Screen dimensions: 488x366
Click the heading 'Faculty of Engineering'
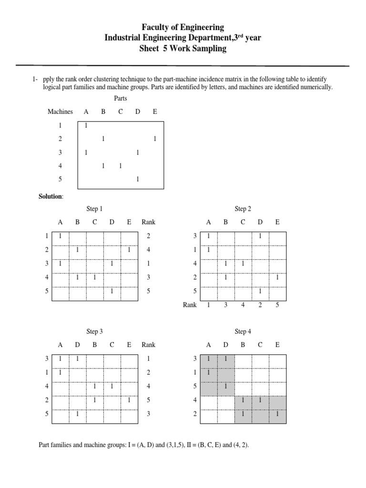(x=183, y=27)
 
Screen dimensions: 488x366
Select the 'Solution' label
(x=51, y=197)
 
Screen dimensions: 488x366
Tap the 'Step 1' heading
(x=94, y=209)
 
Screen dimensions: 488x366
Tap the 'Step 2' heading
(x=243, y=209)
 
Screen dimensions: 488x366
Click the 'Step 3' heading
(x=94, y=332)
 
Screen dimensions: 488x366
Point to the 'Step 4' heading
(x=243, y=332)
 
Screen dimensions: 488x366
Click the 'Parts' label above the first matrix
(x=121, y=99)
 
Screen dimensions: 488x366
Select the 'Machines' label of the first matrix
(x=60, y=112)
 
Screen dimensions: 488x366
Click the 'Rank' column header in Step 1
(x=148, y=222)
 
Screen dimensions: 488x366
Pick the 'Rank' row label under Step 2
(x=190, y=305)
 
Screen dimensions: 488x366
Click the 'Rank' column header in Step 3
(x=148, y=345)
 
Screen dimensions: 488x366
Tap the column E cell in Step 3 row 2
(x=129, y=400)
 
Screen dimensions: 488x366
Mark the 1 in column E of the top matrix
(x=155, y=139)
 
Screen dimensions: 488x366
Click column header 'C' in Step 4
(x=260, y=345)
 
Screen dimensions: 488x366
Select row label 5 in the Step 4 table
(x=194, y=386)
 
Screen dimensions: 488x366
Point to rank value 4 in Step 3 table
(x=149, y=386)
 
